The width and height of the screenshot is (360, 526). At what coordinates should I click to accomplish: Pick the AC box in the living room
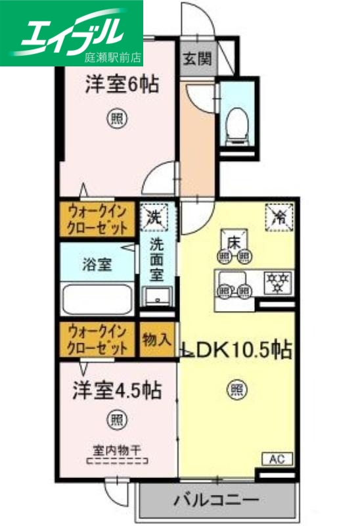(x=278, y=459)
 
